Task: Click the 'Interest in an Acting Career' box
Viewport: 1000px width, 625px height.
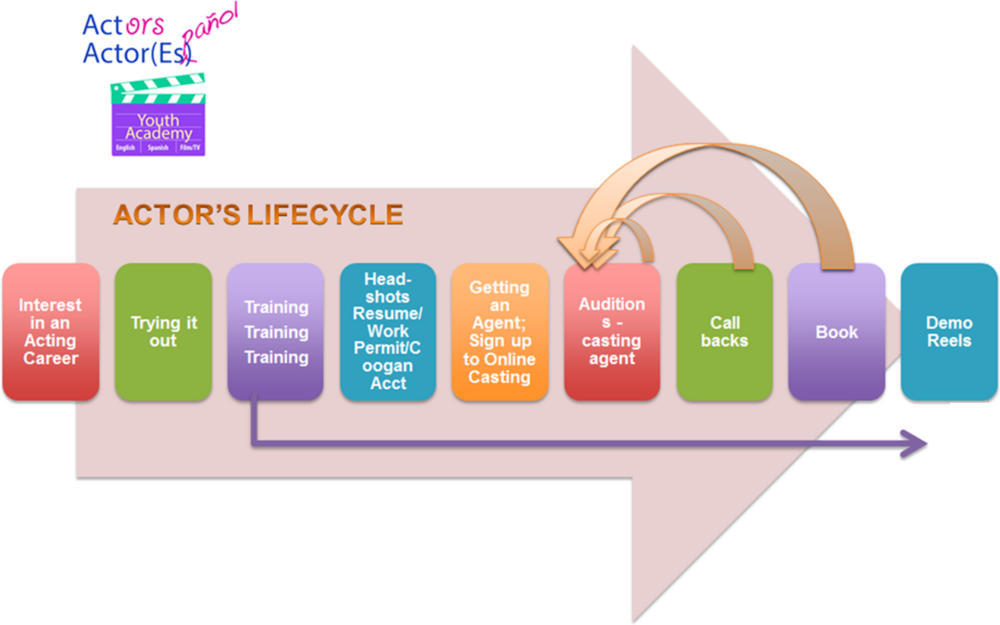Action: pos(51,331)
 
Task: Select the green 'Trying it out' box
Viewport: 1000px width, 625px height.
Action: pos(163,331)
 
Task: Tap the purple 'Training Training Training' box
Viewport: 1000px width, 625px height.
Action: pos(276,331)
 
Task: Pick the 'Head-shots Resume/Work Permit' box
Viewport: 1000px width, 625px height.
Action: pos(388,331)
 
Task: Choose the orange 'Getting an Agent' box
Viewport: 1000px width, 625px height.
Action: pos(500,331)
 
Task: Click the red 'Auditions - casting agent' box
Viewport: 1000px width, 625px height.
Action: pos(612,331)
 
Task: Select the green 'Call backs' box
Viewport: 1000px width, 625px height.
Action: pos(724,331)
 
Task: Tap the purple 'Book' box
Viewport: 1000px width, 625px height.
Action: pos(837,331)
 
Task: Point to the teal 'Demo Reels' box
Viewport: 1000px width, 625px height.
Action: pos(949,331)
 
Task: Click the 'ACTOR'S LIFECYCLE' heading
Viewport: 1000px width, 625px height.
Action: pos(258,215)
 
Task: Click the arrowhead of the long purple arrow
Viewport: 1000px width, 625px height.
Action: pos(914,444)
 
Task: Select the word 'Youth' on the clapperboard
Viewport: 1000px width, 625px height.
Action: pos(158,119)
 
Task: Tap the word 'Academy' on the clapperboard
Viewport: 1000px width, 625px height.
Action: pos(158,133)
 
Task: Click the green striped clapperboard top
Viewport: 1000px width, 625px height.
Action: pos(158,89)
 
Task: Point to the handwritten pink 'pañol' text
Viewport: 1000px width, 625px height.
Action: pos(210,31)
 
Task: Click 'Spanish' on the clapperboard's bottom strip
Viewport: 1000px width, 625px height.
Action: pos(157,148)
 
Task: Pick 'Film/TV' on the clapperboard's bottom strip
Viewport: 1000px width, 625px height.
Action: pos(190,148)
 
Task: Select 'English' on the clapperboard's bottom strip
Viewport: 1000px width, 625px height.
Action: pos(126,148)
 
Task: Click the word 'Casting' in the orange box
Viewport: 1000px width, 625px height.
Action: pos(499,378)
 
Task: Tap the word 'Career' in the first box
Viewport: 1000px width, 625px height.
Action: pos(51,358)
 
